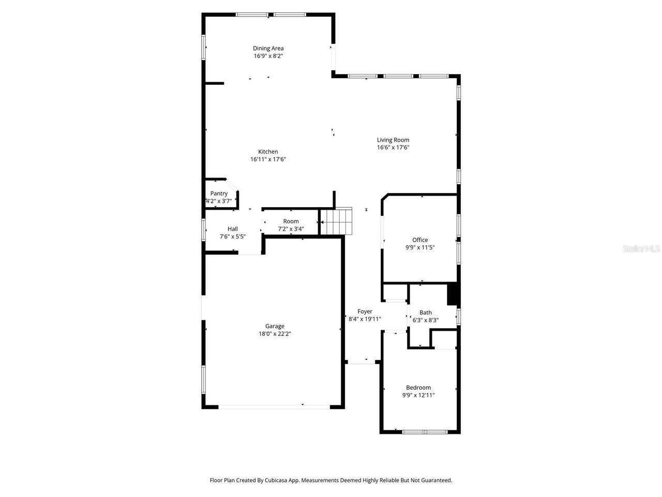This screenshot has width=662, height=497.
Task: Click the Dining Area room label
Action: point(268,49)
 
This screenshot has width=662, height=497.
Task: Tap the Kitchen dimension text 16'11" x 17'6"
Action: point(268,159)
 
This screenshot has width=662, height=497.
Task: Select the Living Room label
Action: point(393,140)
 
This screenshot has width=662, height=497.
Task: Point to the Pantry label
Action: point(219,194)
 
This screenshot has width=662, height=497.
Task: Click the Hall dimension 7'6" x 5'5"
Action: point(233,237)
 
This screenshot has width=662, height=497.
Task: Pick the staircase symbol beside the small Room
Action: point(337,221)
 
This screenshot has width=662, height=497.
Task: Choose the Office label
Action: point(420,240)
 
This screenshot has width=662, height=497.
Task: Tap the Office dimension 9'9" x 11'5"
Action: point(420,247)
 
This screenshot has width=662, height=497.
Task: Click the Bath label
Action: point(426,312)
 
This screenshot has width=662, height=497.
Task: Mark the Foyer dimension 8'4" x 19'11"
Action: point(365,319)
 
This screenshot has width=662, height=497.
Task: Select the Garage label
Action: point(275,326)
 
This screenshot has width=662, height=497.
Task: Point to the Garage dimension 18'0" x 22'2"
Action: point(275,334)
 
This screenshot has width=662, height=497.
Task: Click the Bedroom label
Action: point(418,388)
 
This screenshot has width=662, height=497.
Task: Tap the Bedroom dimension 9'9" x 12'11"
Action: point(418,396)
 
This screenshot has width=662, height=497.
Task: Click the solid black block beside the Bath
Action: point(453,294)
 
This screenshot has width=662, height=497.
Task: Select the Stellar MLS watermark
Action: point(641,249)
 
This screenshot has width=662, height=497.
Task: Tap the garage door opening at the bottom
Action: point(274,407)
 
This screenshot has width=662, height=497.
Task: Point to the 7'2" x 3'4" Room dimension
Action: point(291,229)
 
